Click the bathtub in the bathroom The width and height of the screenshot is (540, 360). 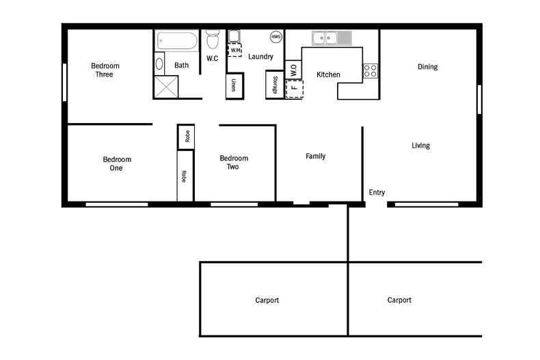(177, 41)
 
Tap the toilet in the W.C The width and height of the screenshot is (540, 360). (213, 40)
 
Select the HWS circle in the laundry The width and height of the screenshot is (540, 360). (276, 37)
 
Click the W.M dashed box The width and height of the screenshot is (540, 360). (235, 51)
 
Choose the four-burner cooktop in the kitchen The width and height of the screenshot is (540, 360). (370, 70)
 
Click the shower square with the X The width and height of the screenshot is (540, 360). (166, 87)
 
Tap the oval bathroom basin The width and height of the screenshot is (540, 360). (159, 64)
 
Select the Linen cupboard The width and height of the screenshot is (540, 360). (235, 85)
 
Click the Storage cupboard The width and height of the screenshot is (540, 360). (275, 85)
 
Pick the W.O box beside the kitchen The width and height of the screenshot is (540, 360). (293, 70)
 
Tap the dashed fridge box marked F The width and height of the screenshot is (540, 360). (295, 89)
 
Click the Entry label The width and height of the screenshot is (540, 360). (377, 193)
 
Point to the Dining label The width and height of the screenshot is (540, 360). (428, 67)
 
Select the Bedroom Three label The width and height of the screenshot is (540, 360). (105, 70)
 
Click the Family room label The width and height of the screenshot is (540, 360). (316, 156)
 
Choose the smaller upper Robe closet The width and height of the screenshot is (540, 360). (186, 137)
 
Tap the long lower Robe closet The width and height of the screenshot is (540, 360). (185, 176)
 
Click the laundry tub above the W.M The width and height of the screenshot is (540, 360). (234, 36)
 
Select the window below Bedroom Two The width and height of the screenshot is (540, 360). (234, 204)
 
